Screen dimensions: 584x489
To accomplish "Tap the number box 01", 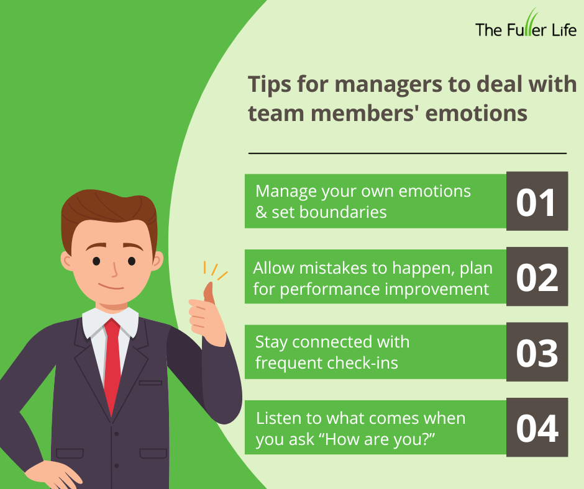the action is tap(537, 201).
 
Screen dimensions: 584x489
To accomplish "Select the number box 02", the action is tap(537, 277).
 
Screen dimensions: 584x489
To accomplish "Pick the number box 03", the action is tap(537, 352).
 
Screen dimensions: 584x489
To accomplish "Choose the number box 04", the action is tap(537, 428).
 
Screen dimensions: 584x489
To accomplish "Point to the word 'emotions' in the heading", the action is tap(477, 113).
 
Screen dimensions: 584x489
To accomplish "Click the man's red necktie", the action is tap(112, 365).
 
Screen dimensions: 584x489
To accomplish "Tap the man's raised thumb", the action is tap(209, 292).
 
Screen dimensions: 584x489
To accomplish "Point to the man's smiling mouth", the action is tap(112, 287).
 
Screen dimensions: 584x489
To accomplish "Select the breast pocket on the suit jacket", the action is tap(150, 382).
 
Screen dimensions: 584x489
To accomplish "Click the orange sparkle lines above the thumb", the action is tap(216, 270).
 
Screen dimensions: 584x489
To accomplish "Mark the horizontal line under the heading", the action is tap(408, 153).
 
